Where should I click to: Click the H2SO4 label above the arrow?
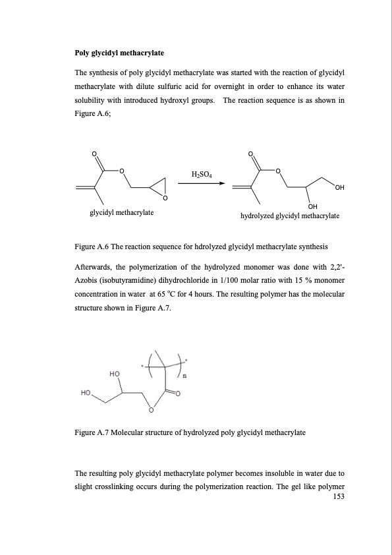pyautogui.click(x=202, y=175)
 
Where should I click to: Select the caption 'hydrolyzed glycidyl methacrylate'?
pyautogui.click(x=290, y=216)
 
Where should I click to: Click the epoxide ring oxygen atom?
pyautogui.click(x=165, y=198)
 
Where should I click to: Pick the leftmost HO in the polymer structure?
pyautogui.click(x=86, y=393)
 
